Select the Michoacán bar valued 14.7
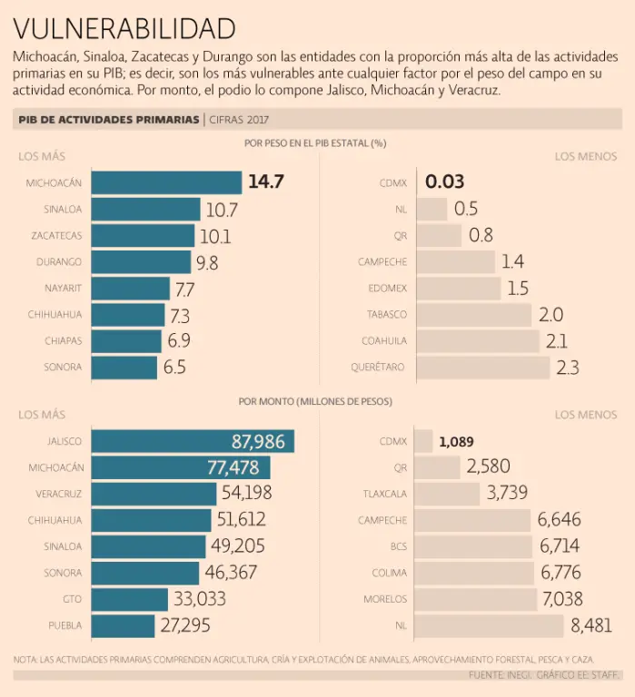(167, 182)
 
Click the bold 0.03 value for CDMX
(445, 182)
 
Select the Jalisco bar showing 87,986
(193, 442)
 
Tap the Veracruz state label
(60, 495)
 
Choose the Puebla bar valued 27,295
(124, 626)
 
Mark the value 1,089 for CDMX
(456, 442)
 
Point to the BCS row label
(398, 547)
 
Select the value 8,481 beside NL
(590, 626)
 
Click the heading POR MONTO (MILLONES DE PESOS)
(315, 400)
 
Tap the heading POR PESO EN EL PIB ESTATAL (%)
(315, 142)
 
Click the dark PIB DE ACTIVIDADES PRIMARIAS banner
(108, 119)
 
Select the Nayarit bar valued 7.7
(131, 289)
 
